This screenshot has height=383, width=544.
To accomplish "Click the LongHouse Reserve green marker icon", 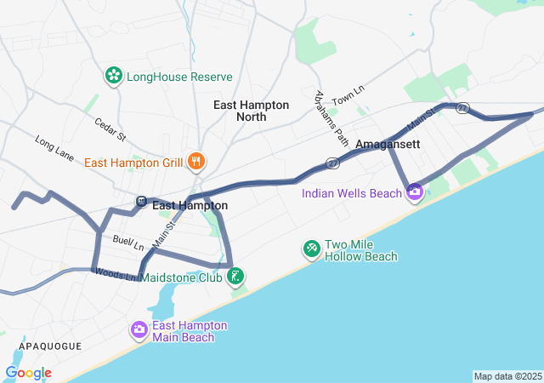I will [x=113, y=77].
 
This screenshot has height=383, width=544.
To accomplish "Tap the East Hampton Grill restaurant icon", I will [x=196, y=160].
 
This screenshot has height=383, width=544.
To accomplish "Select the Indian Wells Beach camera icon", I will [x=414, y=193].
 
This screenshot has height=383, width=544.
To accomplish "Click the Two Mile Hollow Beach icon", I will [x=312, y=249].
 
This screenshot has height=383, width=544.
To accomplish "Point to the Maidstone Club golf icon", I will [x=237, y=276].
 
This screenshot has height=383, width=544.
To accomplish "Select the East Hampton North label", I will [x=251, y=111].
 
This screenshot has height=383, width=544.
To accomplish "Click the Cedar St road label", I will [x=110, y=129].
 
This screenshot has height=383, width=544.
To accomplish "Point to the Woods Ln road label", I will [x=112, y=274].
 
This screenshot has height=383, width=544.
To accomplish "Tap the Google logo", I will [x=28, y=373].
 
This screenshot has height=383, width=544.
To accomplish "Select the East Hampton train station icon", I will [x=141, y=202].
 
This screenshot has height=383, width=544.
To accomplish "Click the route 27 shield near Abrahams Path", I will [x=332, y=162].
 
